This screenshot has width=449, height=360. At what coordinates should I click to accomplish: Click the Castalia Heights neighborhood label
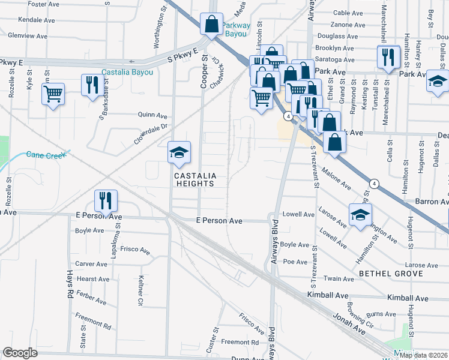point(194,179)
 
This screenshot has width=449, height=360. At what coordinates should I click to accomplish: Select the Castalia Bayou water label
point(127,73)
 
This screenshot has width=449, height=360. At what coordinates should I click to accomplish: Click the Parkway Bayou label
point(235,29)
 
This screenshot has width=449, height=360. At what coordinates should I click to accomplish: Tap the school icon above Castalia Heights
point(179,154)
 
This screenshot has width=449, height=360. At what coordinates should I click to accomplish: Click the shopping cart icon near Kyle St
point(53,93)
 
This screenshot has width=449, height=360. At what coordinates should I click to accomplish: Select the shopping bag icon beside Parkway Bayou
point(211,25)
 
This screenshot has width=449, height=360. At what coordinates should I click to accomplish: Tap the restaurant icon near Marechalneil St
point(388,57)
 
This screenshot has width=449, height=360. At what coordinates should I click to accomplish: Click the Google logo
point(20,353)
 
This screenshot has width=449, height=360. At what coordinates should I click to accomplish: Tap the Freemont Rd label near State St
point(93,322)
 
